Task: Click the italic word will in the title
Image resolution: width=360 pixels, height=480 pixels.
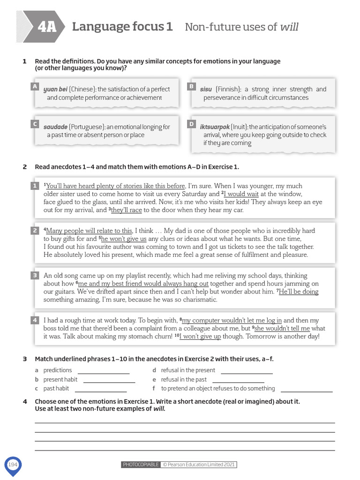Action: [x=289, y=27]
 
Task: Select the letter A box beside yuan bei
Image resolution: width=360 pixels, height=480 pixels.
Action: [x=34, y=87]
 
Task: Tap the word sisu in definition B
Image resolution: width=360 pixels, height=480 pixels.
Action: [x=206, y=89]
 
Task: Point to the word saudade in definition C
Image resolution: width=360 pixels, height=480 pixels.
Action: [x=55, y=127]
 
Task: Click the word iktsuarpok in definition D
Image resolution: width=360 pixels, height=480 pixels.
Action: [x=215, y=127]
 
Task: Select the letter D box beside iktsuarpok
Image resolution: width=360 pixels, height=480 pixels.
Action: [x=191, y=124]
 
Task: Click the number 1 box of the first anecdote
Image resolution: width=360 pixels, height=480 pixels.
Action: [x=34, y=186]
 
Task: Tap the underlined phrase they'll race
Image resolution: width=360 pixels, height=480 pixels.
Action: [x=126, y=210]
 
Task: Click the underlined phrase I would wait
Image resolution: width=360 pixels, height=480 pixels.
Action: [x=241, y=194]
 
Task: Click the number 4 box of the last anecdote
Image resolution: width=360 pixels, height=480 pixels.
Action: [x=34, y=320]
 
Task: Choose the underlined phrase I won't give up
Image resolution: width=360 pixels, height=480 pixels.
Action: [x=201, y=337]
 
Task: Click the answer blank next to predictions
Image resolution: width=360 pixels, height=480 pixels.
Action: [x=103, y=371]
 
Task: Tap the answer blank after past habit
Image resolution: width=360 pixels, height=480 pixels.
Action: [x=100, y=389]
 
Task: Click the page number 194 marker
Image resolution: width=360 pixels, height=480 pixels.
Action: [x=13, y=465]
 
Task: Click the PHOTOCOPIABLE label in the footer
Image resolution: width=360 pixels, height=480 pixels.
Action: [x=140, y=465]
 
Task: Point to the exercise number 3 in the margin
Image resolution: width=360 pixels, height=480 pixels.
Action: [x=24, y=359]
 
